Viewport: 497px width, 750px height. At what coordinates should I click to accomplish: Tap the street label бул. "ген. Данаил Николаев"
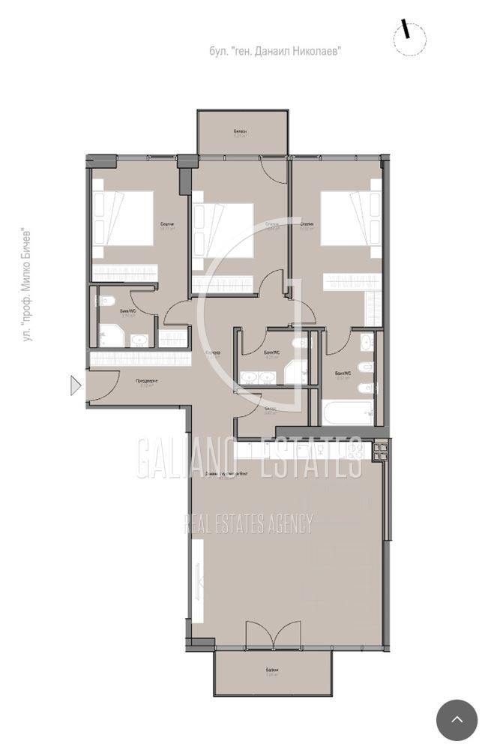pyautogui.click(x=275, y=51)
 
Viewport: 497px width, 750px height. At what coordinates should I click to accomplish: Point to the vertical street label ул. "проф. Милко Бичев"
pyautogui.click(x=28, y=286)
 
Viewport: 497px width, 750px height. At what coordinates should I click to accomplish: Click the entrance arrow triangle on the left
pyautogui.click(x=75, y=385)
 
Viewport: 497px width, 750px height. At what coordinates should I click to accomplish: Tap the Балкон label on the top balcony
pyautogui.click(x=240, y=132)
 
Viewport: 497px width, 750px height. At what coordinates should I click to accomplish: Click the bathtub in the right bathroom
pyautogui.click(x=347, y=412)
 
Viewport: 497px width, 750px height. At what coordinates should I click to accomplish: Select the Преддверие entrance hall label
pyautogui.click(x=147, y=381)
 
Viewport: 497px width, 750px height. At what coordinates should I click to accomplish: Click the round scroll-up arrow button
pyautogui.click(x=457, y=720)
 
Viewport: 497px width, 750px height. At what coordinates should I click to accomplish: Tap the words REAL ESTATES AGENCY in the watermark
pyautogui.click(x=248, y=523)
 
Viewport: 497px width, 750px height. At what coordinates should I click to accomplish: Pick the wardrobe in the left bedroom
pyautogui.click(x=124, y=271)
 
